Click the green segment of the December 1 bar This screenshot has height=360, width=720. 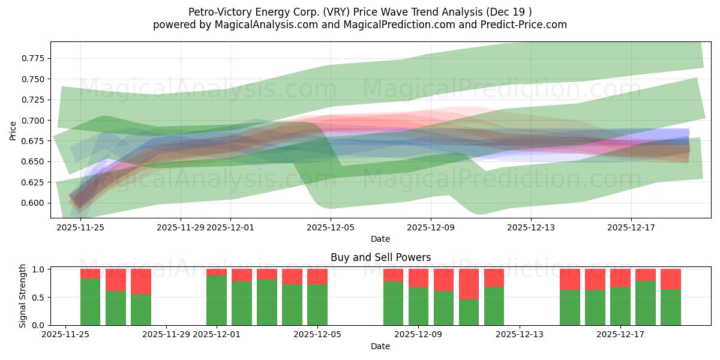click(217, 300)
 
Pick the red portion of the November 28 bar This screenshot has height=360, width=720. click(141, 281)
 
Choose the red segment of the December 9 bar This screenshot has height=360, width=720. click(419, 278)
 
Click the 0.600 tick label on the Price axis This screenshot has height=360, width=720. click(34, 203)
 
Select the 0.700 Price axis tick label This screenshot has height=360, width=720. click(34, 121)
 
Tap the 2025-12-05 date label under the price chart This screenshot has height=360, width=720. click(331, 227)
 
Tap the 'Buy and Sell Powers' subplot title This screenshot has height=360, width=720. click(380, 257)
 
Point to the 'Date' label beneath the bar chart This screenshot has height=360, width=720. click(380, 346)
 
